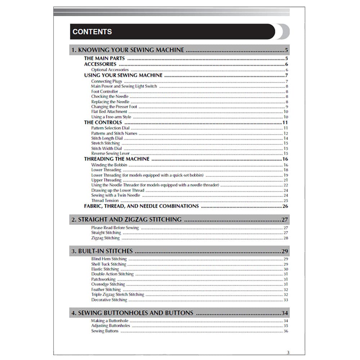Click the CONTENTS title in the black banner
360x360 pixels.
[x=92, y=32]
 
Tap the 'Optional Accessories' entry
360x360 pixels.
[x=110, y=70]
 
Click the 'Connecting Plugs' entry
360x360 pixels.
[x=107, y=81]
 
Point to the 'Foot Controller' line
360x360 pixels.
[x=104, y=91]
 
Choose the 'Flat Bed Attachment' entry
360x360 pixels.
[x=109, y=112]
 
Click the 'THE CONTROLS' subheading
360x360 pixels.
[x=103, y=122]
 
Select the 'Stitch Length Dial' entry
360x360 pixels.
[x=107, y=138]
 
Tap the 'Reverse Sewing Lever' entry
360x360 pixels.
[x=110, y=153]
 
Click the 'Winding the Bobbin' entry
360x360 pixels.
[x=109, y=165]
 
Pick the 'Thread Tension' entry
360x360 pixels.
[x=105, y=201]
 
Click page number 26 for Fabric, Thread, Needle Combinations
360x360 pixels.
[x=285, y=206]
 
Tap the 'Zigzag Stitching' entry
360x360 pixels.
[x=105, y=238]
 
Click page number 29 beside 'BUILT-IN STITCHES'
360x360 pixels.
[x=285, y=251]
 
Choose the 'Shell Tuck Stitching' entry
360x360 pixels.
[x=109, y=264]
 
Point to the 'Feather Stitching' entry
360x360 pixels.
[x=106, y=289]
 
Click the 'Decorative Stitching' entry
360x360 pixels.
[x=109, y=300]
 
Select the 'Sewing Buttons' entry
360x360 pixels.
[x=105, y=331]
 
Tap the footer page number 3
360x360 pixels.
[x=288, y=352]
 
